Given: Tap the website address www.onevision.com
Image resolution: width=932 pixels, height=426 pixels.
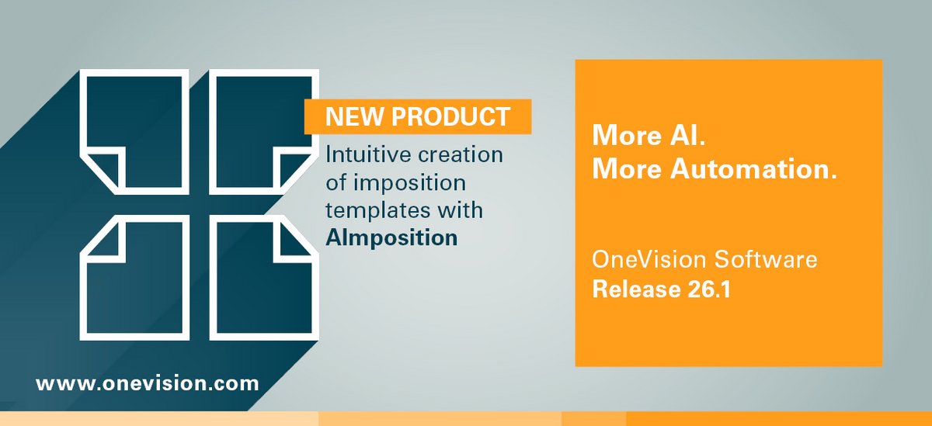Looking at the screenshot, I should click(x=148, y=383).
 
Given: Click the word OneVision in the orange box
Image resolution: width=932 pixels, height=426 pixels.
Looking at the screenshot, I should click(x=642, y=258).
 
